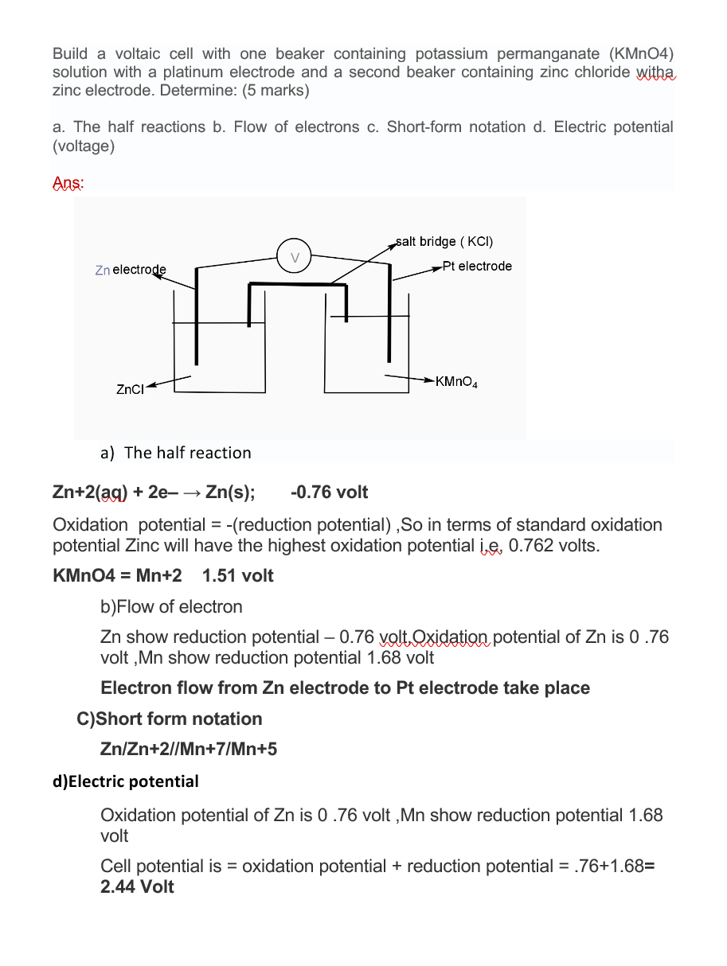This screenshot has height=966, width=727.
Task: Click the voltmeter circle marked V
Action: [x=295, y=257]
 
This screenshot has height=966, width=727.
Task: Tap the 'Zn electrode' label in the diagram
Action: [x=130, y=271]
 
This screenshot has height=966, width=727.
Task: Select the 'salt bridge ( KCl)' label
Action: [x=448, y=241]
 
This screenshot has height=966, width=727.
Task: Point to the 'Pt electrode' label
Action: [x=477, y=266]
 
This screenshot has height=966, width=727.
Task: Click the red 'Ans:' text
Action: [x=68, y=184]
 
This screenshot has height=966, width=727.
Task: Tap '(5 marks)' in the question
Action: [x=276, y=91]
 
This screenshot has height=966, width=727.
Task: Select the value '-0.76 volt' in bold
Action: [x=330, y=492]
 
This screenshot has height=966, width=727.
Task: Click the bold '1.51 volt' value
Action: [x=238, y=575]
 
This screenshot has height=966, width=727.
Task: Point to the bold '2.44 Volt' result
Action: [x=137, y=886]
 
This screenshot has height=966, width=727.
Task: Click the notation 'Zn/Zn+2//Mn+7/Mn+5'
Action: [x=189, y=749]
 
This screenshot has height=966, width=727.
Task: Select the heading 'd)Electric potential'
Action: [x=126, y=781]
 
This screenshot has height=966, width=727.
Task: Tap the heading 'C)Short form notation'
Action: [x=170, y=719]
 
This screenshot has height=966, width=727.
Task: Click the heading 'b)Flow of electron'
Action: [x=171, y=606]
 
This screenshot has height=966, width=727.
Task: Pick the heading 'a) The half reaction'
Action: [x=175, y=453]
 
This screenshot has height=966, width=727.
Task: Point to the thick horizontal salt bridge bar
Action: [x=299, y=284]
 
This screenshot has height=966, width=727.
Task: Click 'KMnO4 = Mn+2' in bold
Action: [x=117, y=575]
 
